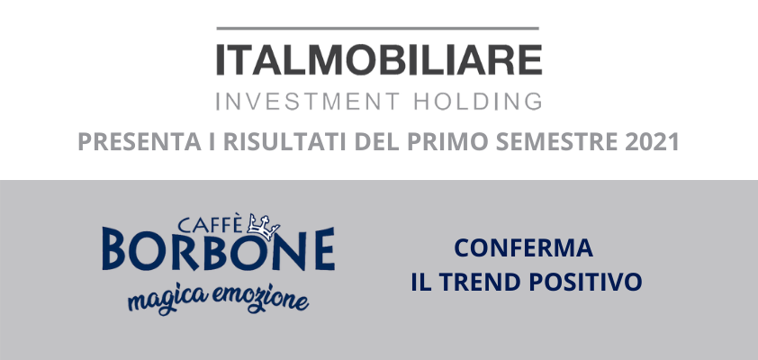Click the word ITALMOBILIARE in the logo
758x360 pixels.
coord(379,60)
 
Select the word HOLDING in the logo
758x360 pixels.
coord(479,102)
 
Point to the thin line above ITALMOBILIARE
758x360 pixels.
coord(377,29)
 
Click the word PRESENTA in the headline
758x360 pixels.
coord(140,142)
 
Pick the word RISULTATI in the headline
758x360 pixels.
coord(285,142)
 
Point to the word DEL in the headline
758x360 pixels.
coord(377,142)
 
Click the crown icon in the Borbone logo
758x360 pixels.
coord(263,227)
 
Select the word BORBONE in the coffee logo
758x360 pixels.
coord(219,249)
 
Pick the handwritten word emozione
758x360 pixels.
coord(260,299)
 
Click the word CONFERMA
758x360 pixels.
coord(524,248)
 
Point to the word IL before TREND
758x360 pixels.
coord(421,283)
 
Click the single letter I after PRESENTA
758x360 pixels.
coord(212,142)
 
